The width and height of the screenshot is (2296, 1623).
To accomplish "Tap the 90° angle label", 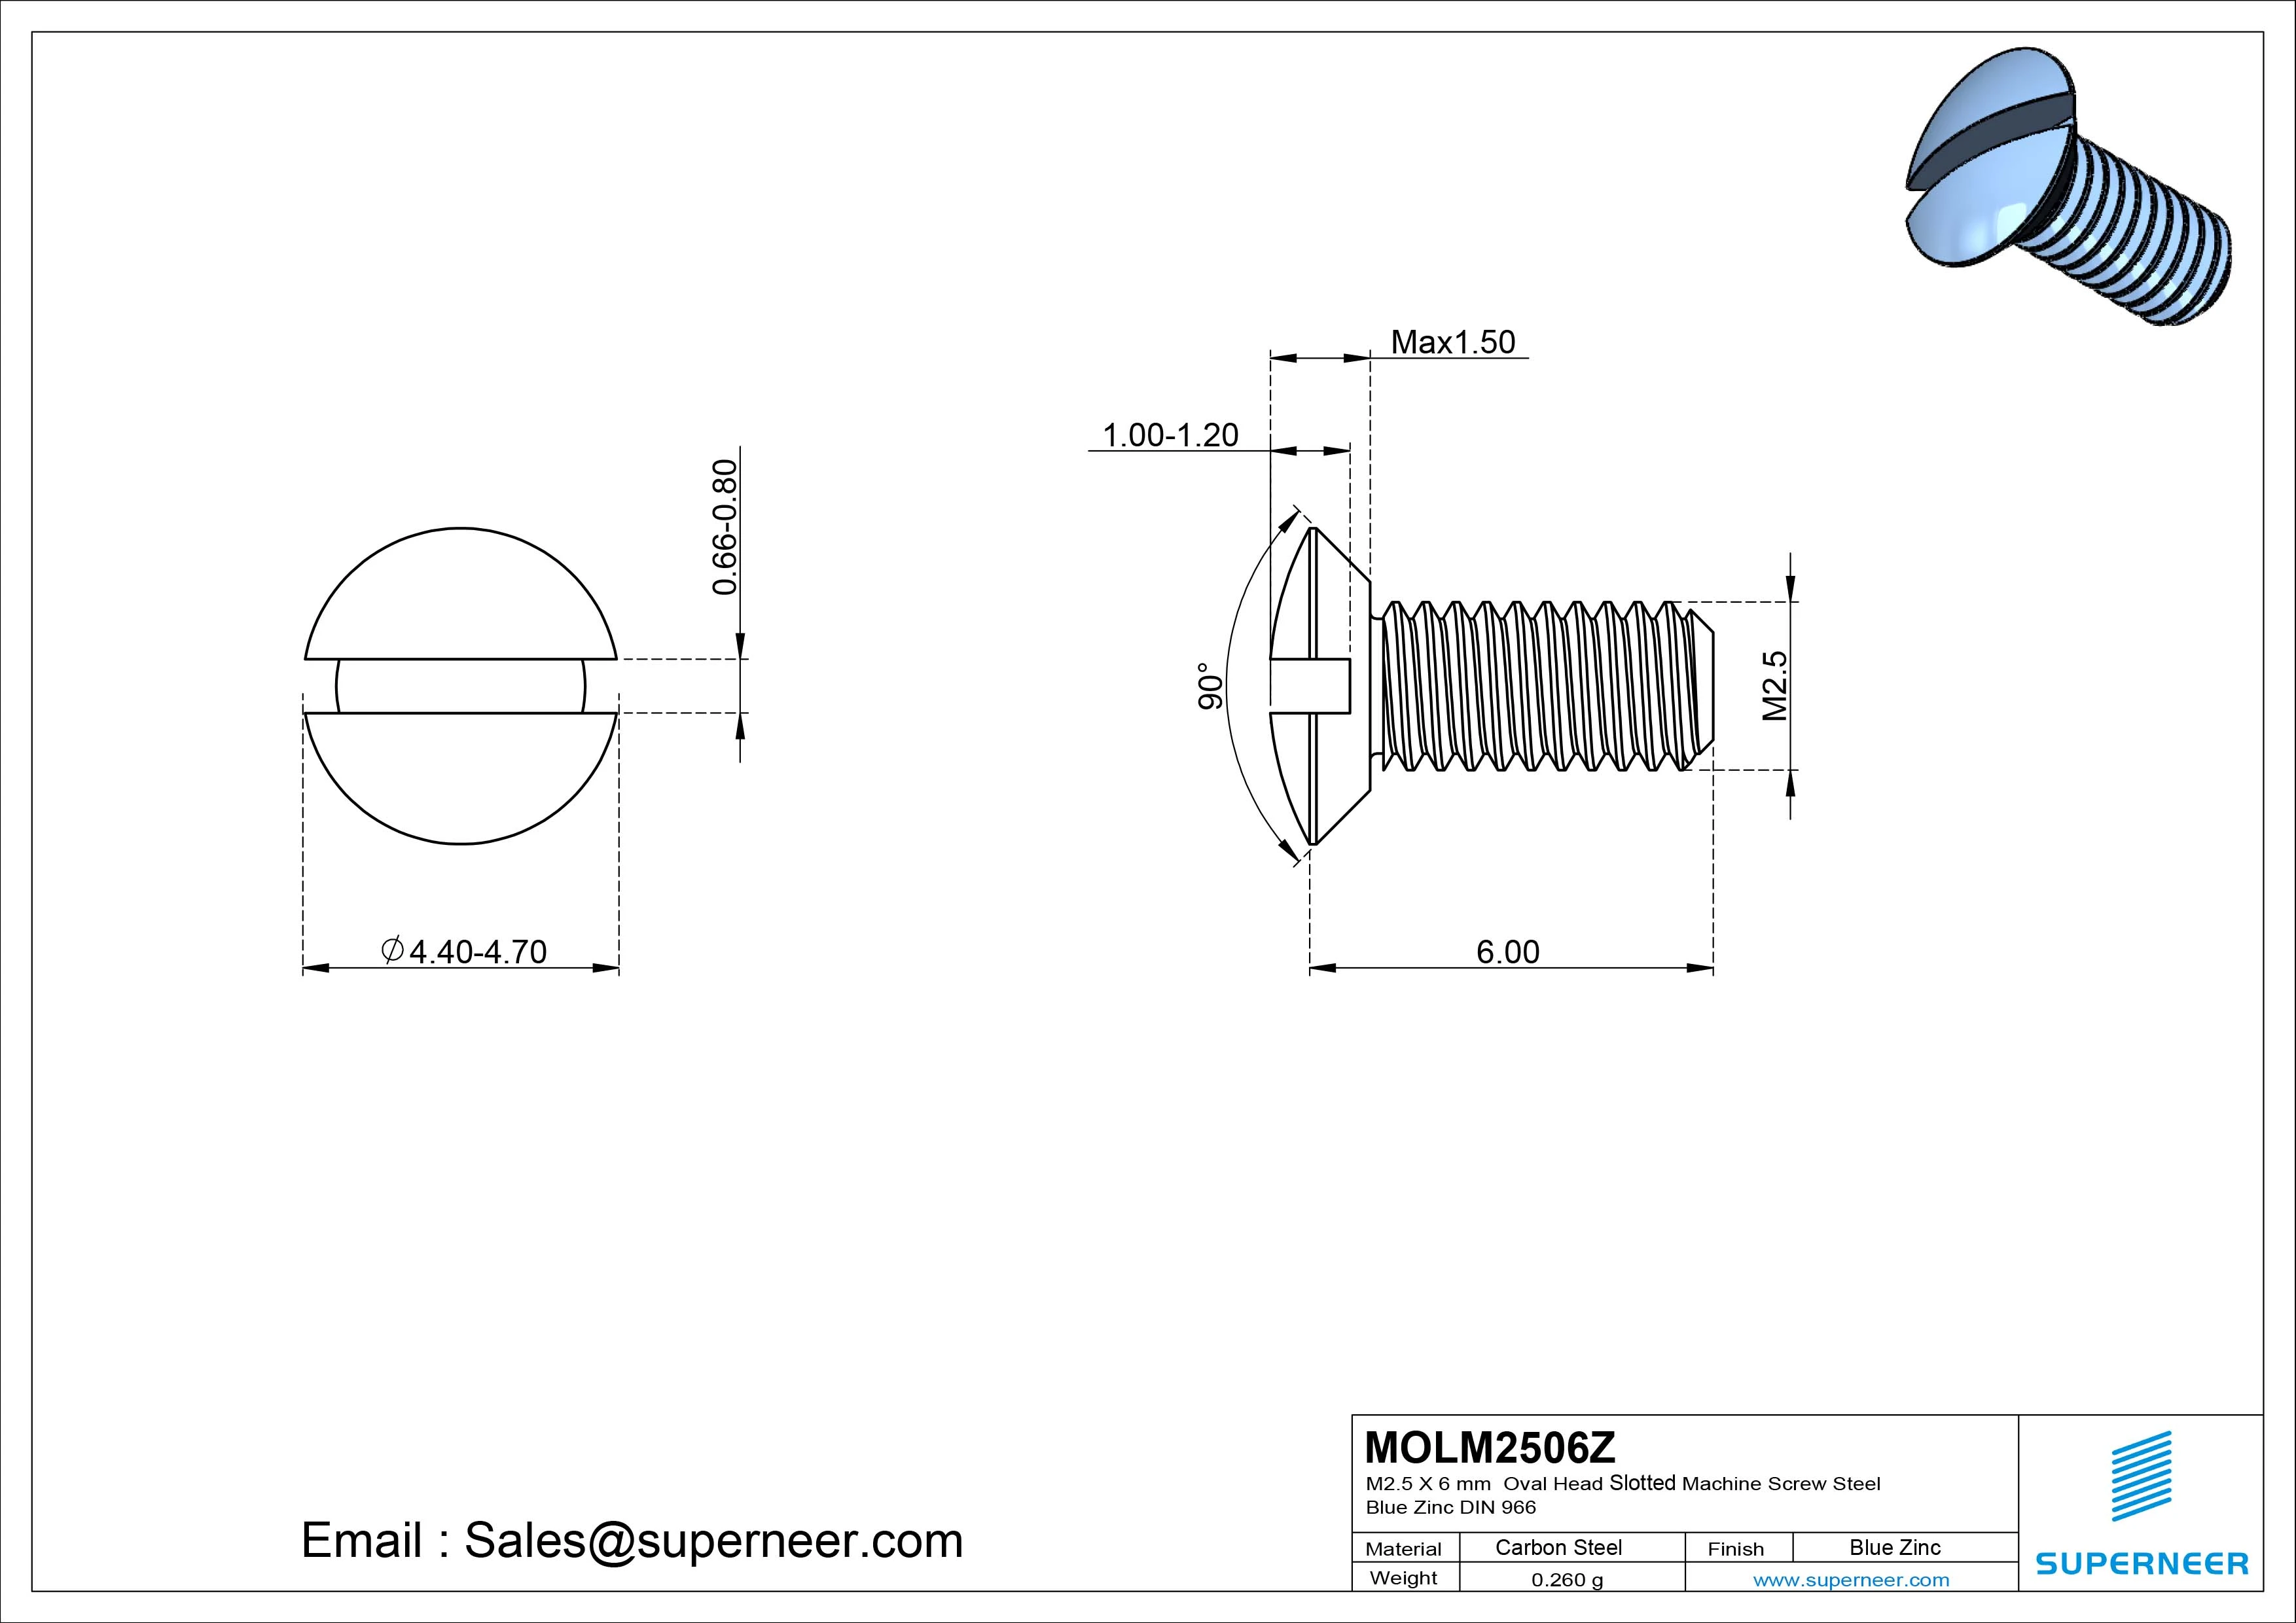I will (1210, 686).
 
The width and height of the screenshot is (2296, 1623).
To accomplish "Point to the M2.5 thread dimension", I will (1775, 686).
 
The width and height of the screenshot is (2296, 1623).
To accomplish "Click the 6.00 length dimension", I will (1507, 952).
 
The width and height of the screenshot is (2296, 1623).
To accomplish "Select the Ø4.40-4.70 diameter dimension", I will (464, 952).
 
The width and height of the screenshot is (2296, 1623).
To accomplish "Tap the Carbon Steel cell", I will (1558, 1548).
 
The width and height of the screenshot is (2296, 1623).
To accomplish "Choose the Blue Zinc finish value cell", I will (1894, 1548).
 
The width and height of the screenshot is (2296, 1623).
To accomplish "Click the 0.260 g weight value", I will (1567, 1580).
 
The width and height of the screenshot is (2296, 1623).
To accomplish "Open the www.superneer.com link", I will (1851, 1580).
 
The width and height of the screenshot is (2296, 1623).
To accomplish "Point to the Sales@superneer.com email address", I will (713, 1541).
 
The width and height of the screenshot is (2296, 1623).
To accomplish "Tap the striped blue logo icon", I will (2141, 1476).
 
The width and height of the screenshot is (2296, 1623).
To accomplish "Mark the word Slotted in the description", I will (1642, 1483).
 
